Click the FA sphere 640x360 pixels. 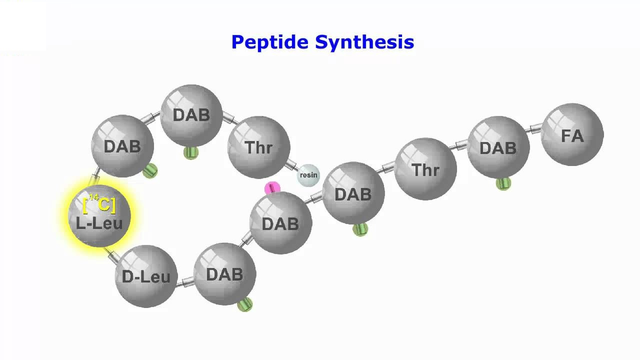pos(572,134)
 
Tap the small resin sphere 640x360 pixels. pos(308,175)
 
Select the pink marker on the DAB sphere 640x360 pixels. pos(272,188)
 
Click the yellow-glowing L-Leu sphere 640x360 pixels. pos(99,215)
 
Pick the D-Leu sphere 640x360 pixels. pos(146,276)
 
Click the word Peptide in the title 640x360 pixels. pos(270,42)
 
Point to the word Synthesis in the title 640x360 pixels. pos(364,42)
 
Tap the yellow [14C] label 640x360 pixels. pos(99,203)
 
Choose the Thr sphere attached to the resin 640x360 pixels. pos(259,147)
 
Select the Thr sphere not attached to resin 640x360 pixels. pos(425,169)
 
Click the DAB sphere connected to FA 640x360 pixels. pos(498,147)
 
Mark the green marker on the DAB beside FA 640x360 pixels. pos(503,183)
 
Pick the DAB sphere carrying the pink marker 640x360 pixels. pos(281,223)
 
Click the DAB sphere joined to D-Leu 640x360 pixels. pos(225,274)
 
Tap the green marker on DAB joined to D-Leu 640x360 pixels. pos(245,304)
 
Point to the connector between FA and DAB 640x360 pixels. pos(533,128)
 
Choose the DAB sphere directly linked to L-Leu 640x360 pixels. pos(122,146)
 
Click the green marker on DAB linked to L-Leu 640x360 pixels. pos(150,171)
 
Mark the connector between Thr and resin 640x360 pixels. pos(292,165)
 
